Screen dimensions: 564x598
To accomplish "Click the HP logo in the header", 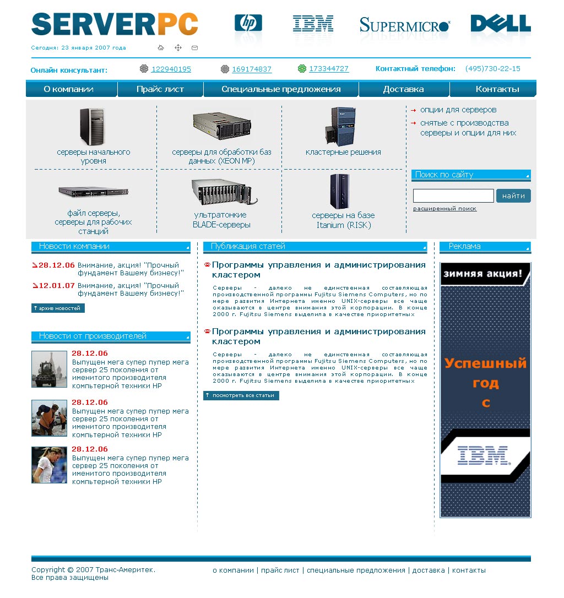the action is coord(248,23).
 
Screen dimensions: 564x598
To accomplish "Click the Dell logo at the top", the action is coord(501,23).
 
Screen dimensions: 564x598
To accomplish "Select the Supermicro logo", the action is coord(405,25).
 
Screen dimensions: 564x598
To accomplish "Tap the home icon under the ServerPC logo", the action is coord(161,48).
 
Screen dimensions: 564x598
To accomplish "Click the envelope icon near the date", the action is coord(194,48).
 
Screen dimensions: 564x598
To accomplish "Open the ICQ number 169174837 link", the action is coord(252,69).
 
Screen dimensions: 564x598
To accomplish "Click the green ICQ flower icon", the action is coord(302,69).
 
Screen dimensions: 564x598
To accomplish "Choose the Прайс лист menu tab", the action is coord(160,89).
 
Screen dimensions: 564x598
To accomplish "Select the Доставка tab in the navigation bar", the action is coord(403,89).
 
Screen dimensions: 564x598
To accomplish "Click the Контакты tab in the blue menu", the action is coord(497,89).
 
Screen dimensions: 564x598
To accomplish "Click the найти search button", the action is coord(513,196).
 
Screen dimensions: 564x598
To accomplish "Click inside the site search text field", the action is coord(453,196).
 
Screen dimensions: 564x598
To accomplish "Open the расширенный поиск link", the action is coord(445,209).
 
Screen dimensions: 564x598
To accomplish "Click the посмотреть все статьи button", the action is coord(241,395).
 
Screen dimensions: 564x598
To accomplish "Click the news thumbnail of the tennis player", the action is coord(49,465).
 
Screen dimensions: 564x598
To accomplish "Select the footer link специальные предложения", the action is coord(356,570).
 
